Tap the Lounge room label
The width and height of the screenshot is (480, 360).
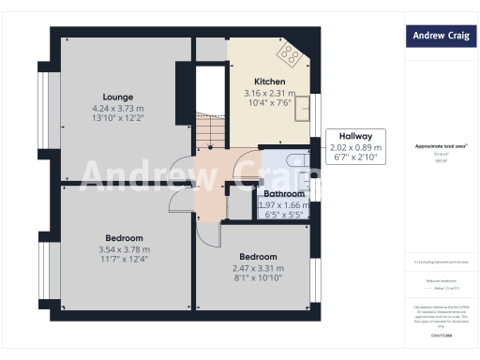click(117, 97)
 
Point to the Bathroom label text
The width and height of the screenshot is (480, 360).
click(283, 194)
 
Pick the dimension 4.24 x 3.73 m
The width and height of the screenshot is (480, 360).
click(117, 108)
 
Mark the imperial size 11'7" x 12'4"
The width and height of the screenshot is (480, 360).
click(124, 259)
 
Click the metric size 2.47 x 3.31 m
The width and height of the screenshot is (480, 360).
click(258, 268)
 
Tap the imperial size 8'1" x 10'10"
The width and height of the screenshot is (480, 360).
click(258, 278)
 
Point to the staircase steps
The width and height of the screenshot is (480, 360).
click(212, 129)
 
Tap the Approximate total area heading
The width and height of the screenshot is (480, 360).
click(441, 147)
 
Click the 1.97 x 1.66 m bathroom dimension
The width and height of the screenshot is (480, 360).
click(283, 204)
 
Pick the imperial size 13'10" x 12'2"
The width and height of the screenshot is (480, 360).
click(117, 119)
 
